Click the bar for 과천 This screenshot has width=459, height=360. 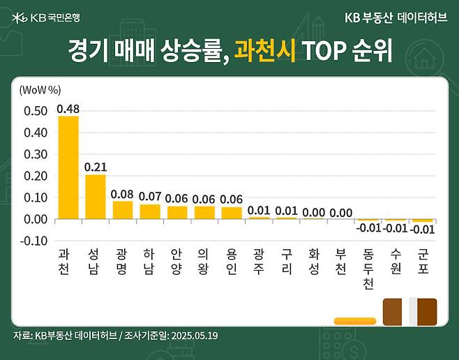pyautogui.click(x=68, y=167)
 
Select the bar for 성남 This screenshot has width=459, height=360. pyautogui.click(x=95, y=197)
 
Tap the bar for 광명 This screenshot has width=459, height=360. pyautogui.click(x=122, y=210)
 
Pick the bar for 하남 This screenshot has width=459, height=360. pyautogui.click(x=150, y=211)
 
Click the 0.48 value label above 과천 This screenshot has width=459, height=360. pyautogui.click(x=68, y=109)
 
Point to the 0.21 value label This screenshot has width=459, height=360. pyautogui.click(x=95, y=167)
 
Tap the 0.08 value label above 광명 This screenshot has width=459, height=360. pyautogui.click(x=122, y=194)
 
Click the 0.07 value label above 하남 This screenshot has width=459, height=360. pyautogui.click(x=150, y=197)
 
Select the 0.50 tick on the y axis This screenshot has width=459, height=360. pyautogui.click(x=36, y=111)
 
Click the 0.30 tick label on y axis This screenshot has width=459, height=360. pyautogui.click(x=36, y=154)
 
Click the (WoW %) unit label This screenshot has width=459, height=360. pyautogui.click(x=40, y=89)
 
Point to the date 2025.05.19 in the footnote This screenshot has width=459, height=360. pyautogui.click(x=195, y=336)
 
